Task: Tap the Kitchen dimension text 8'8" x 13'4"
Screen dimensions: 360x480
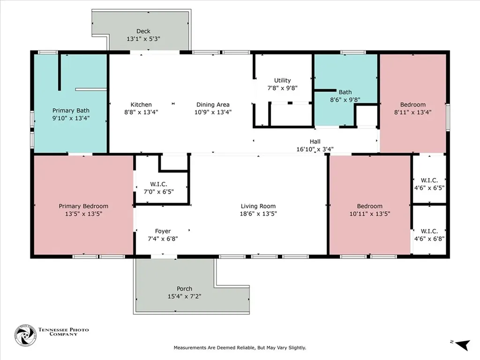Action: pos(141,112)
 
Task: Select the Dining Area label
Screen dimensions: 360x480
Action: pos(212,105)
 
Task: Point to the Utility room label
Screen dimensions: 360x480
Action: pos(283,80)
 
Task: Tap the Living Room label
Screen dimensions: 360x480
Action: pos(258,206)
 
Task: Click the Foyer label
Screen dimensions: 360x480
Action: pos(163,231)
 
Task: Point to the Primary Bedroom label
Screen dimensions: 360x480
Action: pos(83,206)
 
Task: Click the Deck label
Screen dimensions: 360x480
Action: pos(143,31)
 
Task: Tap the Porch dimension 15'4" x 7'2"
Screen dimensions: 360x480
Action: pos(184,296)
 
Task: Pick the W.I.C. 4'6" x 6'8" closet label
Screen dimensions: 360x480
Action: pos(429,234)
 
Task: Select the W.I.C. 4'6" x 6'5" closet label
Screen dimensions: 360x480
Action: pos(429,183)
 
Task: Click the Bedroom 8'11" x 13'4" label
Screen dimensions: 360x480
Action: pos(412,108)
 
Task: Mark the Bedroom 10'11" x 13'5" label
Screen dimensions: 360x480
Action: pos(369,210)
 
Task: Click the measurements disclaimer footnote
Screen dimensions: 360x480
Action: pos(240,347)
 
